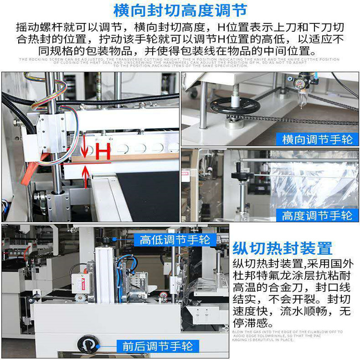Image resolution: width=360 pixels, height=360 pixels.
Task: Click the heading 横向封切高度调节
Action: pos(180,11)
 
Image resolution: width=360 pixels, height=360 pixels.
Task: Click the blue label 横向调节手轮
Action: pos(317,139)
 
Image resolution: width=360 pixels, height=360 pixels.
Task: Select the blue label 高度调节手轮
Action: pos(317,216)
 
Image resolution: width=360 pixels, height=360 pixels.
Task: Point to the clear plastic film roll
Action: pos(312,182)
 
